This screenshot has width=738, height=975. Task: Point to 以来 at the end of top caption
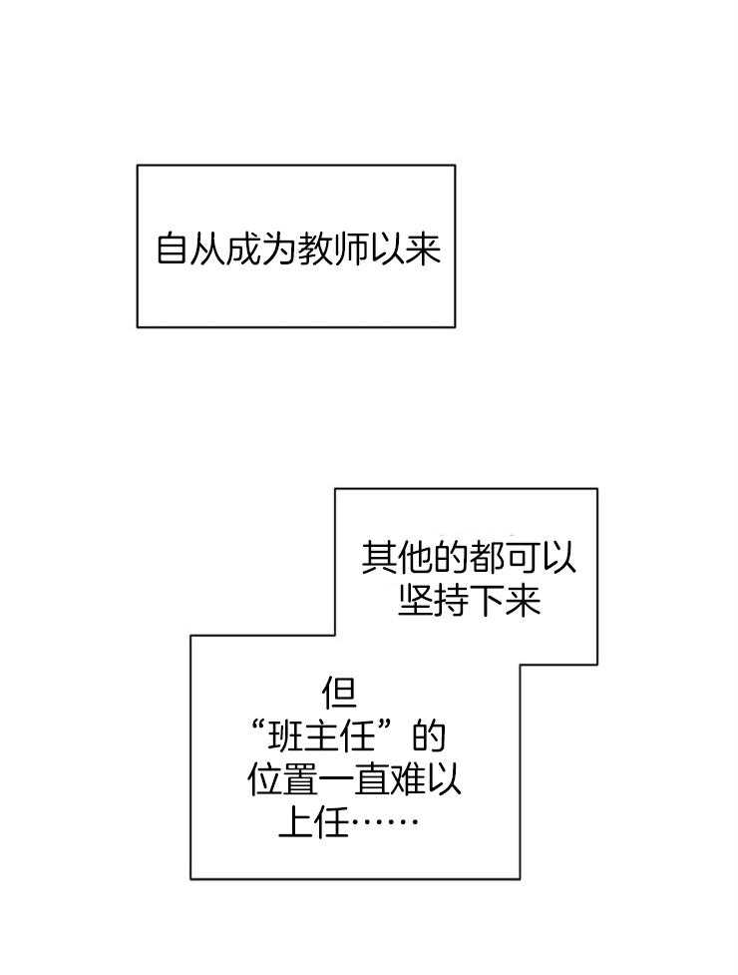pos(405,248)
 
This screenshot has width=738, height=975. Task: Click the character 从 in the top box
pos(208,248)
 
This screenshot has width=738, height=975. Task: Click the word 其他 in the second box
pos(396,557)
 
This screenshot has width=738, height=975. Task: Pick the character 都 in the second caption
pos(487,557)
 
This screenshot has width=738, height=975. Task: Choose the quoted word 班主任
pos(324,738)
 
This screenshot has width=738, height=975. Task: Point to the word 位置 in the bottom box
pos(282,779)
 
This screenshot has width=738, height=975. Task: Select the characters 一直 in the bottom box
pos(354,779)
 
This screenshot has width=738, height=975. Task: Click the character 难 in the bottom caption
pos(408,779)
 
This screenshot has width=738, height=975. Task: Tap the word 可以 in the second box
pos(541,557)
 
